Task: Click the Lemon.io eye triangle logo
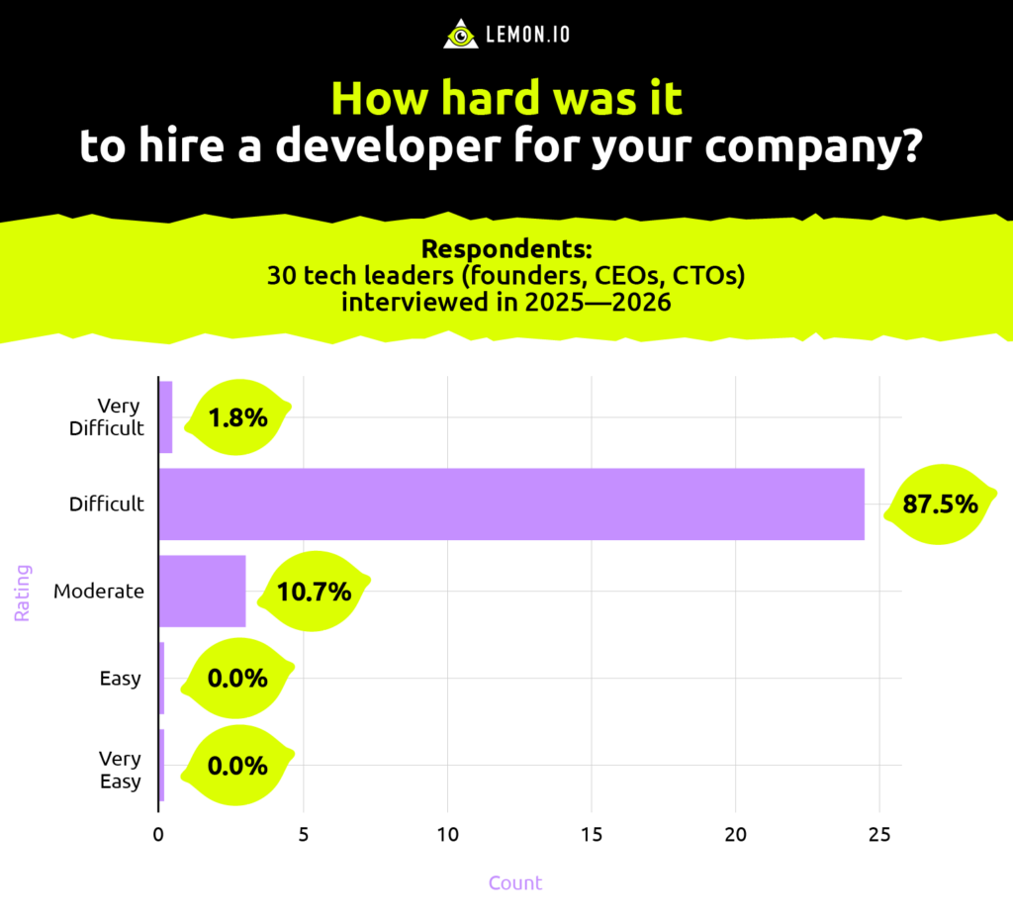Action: click(460, 35)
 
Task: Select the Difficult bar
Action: click(511, 504)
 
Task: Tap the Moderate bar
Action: click(202, 591)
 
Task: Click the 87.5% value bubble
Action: click(940, 504)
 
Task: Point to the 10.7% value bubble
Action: click(315, 592)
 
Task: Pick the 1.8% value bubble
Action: click(237, 417)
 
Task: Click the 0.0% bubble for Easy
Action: click(237, 679)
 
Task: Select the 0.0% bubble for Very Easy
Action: click(237, 766)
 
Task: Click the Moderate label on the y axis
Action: click(99, 592)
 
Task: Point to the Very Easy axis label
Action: click(120, 770)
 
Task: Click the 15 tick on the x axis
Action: click(592, 835)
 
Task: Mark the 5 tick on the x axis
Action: click(303, 835)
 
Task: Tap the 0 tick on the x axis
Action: click(158, 835)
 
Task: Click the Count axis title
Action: click(515, 882)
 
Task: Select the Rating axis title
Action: click(22, 592)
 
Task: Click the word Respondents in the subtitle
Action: click(506, 249)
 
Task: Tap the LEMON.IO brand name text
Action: click(527, 36)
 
